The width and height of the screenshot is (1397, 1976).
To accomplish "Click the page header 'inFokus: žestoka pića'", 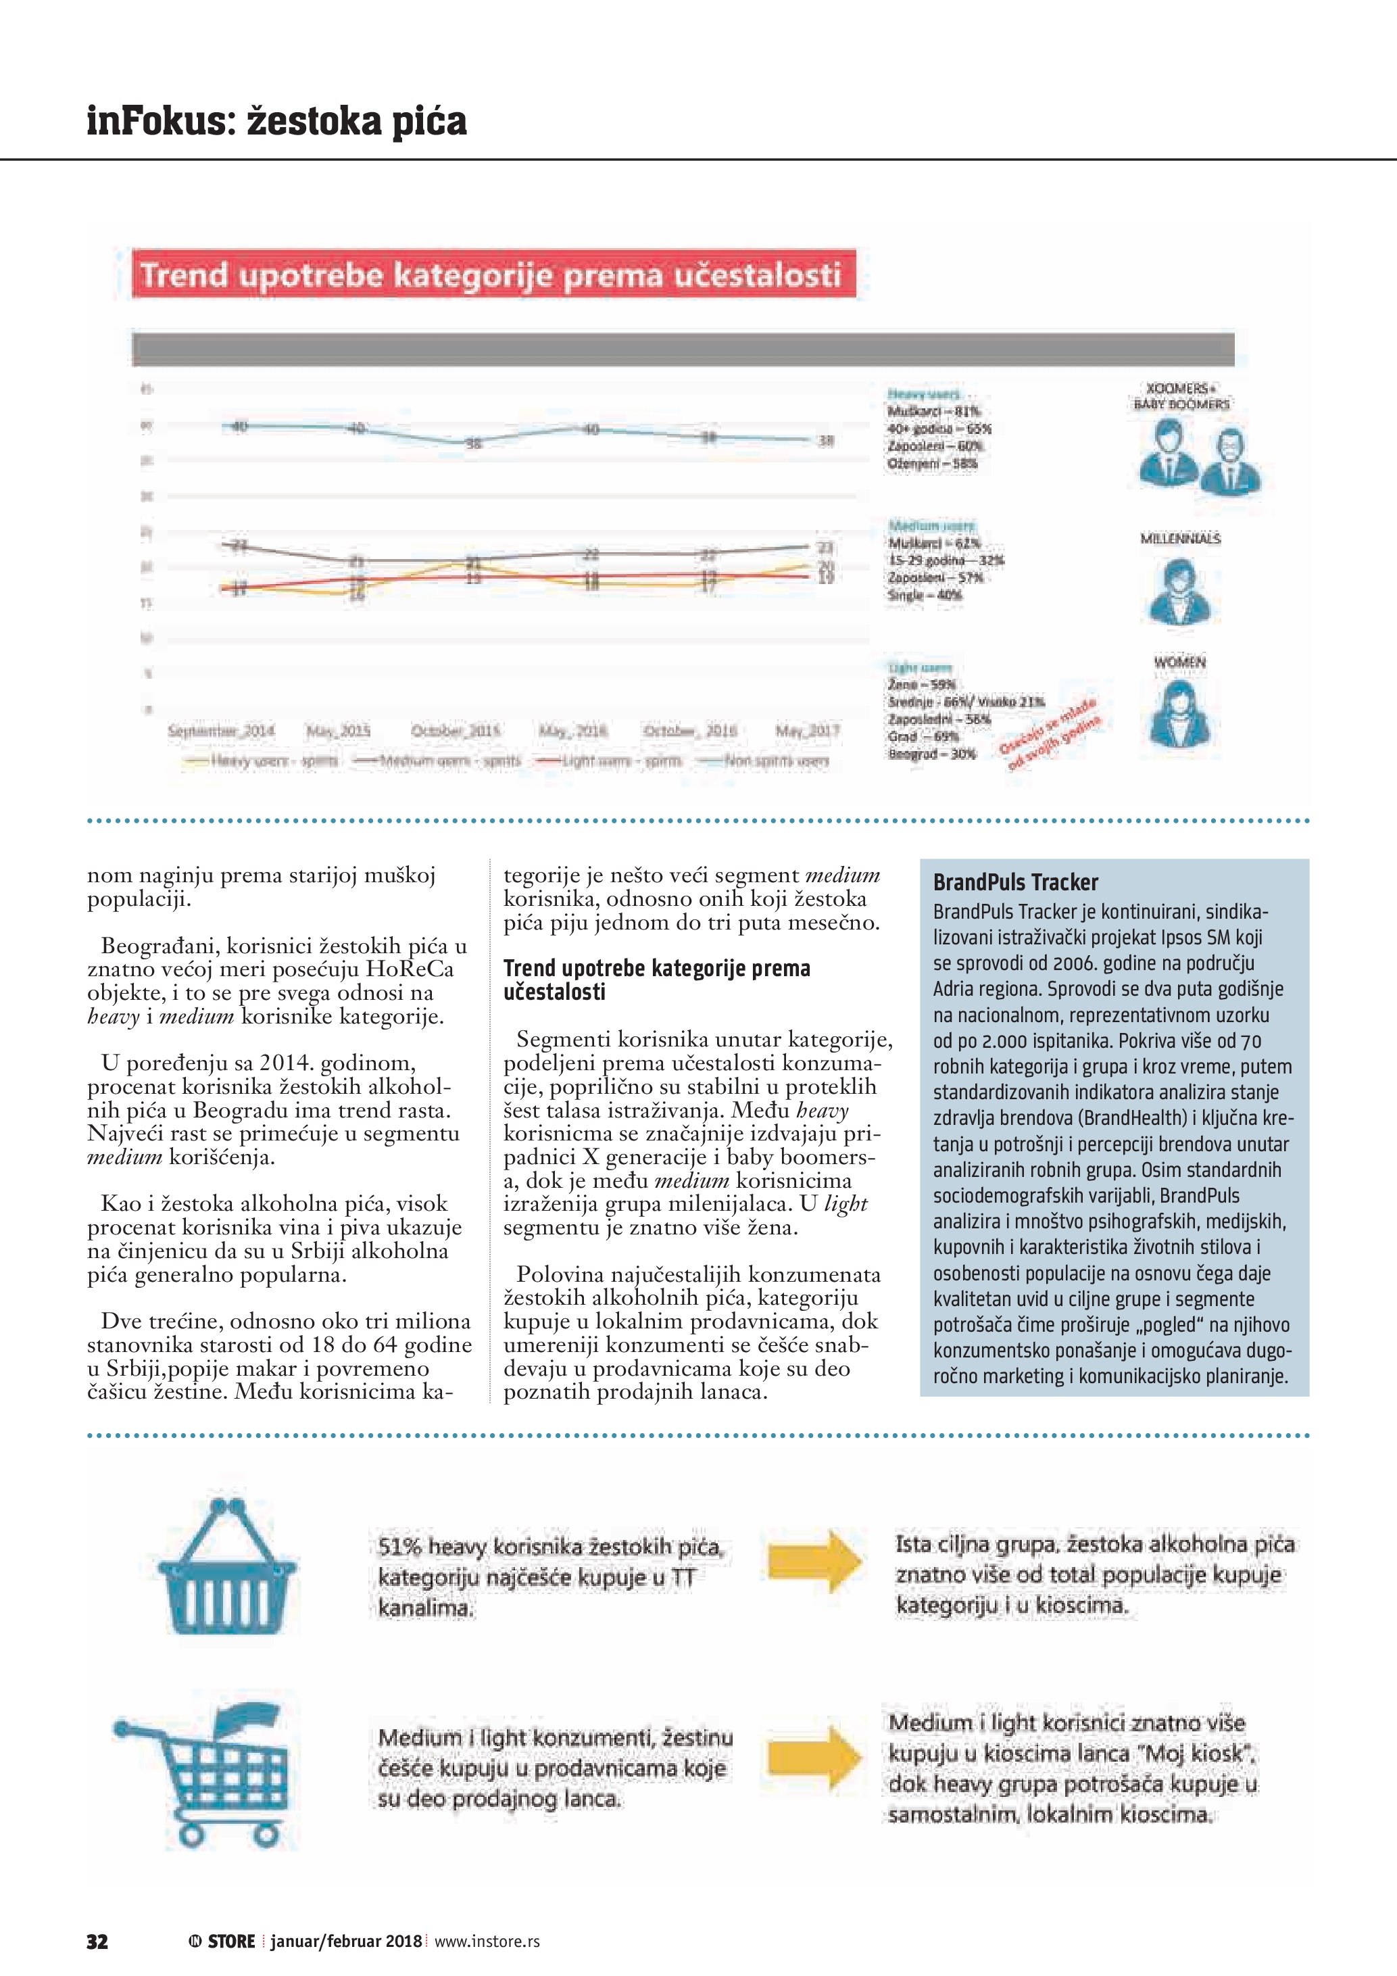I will click(276, 120).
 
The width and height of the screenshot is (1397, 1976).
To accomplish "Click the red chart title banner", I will click(494, 274).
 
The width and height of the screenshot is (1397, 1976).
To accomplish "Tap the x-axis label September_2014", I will click(221, 731).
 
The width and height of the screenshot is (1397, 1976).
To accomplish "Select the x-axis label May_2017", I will click(807, 731).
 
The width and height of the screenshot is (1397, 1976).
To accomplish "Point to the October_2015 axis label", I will click(456, 731).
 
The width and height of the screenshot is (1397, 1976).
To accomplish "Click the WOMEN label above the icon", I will click(1179, 662).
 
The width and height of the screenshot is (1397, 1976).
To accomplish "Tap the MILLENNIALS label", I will click(1180, 539).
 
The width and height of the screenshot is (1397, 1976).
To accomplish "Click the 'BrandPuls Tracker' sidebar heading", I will click(1015, 882).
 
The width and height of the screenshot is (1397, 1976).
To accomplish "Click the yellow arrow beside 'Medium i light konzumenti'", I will click(814, 1755).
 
